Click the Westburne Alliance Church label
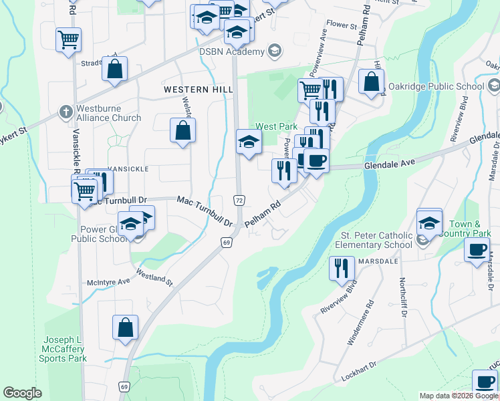click(108, 113)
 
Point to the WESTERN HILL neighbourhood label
click(199, 89)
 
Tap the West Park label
click(275, 126)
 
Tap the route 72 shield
click(238, 200)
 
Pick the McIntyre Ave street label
click(105, 281)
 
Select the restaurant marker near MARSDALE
click(342, 268)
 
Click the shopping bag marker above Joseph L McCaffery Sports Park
click(125, 327)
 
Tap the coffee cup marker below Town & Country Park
click(477, 251)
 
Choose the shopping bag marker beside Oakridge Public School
click(371, 82)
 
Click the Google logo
click(23, 393)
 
